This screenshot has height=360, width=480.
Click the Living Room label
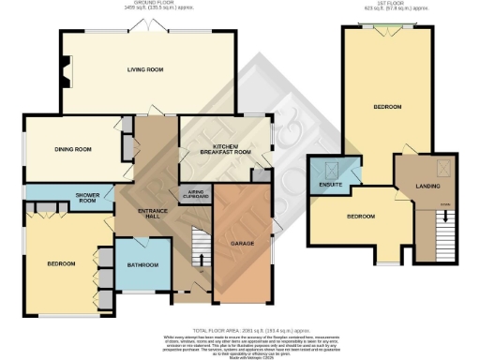point(145,69)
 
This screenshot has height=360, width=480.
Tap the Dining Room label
point(72,148)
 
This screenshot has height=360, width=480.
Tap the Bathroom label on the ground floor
point(143,264)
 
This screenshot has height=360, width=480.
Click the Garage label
point(243,243)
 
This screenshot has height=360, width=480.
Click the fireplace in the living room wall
point(64,70)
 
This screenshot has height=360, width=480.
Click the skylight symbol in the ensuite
point(330,170)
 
